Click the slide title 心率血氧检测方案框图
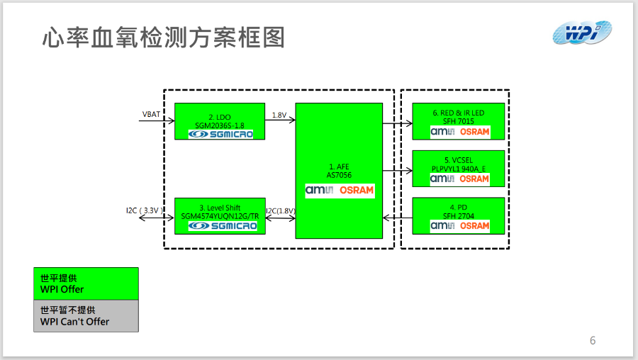[163, 38]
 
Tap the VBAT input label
[151, 114]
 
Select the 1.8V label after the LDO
[279, 114]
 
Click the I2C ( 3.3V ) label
[145, 210]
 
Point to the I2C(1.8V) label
[281, 210]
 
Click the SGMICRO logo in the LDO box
[220, 133]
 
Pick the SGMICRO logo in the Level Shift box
[220, 225]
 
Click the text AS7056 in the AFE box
[339, 175]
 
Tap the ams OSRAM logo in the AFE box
[339, 190]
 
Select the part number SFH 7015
[459, 122]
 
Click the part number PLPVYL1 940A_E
[459, 169]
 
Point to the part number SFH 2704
[459, 216]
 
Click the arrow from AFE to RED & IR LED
[397, 123]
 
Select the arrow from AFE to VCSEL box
[397, 170]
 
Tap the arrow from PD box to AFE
[397, 217]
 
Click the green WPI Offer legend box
[86, 283]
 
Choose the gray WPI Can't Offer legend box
[86, 316]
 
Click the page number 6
[593, 341]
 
